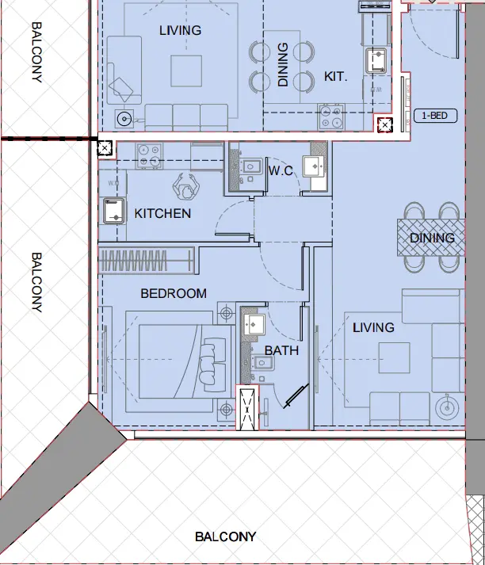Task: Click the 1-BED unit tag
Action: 435,116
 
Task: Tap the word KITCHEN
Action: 162,213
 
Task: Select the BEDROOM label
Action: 174,293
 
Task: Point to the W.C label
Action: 281,170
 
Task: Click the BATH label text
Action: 281,349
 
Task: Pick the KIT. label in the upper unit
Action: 337,77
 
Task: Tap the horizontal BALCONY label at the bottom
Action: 226,536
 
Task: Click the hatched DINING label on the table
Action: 432,238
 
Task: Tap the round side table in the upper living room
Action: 124,120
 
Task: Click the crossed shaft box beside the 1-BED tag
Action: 385,125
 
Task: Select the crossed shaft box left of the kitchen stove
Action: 104,147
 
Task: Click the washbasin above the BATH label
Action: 254,322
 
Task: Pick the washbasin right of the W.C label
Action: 315,166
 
